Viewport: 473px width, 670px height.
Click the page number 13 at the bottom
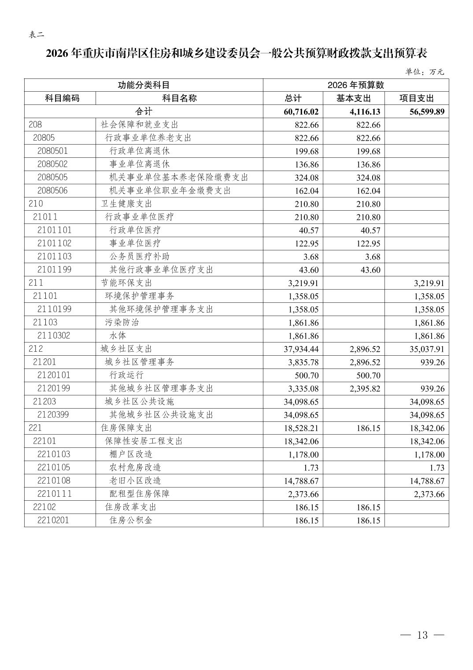(x=422, y=635)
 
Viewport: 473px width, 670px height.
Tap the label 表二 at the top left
(x=36, y=35)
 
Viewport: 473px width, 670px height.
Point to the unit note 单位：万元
(x=425, y=72)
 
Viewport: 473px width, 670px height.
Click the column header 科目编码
(x=60, y=98)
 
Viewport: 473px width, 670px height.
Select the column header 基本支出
(x=353, y=98)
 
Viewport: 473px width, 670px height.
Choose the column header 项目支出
(x=416, y=98)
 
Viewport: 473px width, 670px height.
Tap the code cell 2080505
(x=52, y=177)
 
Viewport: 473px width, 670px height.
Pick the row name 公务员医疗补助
(x=139, y=257)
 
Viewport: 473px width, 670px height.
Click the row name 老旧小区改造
(x=135, y=480)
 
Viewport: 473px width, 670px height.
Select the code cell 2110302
(x=54, y=335)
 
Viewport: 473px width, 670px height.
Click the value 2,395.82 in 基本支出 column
(x=363, y=389)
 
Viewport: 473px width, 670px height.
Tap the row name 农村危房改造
(x=135, y=467)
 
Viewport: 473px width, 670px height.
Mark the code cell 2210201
(x=53, y=520)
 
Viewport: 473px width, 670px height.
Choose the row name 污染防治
(x=122, y=322)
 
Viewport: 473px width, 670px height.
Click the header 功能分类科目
(x=144, y=85)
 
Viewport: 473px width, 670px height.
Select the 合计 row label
(x=144, y=112)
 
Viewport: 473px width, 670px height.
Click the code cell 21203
(x=44, y=402)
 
